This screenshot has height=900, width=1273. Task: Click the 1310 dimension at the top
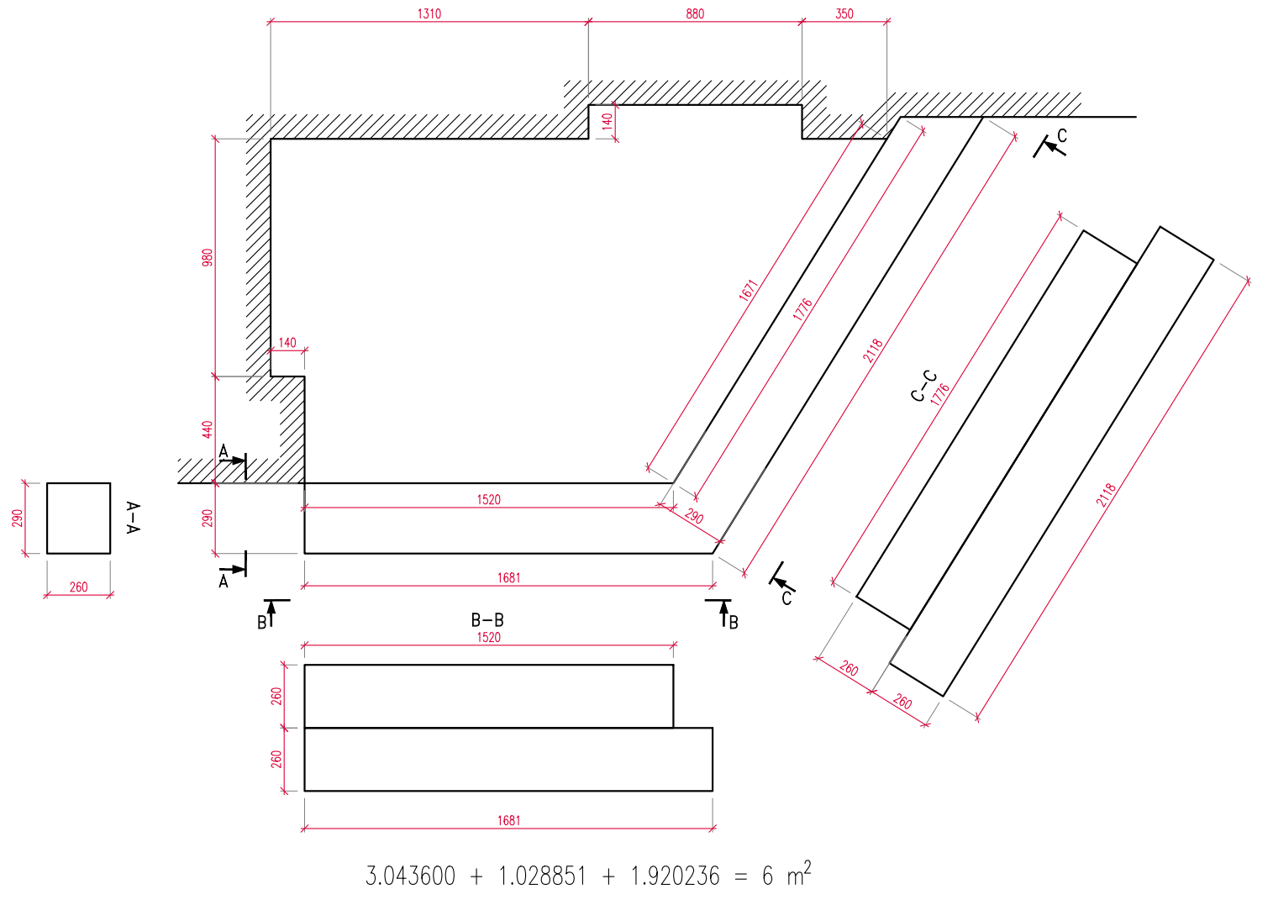click(x=429, y=14)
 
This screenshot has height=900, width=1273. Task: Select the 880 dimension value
click(x=695, y=14)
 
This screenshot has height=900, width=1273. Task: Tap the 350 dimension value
click(x=844, y=14)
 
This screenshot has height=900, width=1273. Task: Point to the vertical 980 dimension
click(x=208, y=257)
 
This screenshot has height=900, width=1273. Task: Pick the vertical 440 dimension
click(x=208, y=429)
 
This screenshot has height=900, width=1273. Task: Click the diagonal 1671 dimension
click(x=749, y=291)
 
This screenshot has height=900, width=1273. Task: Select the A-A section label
click(x=132, y=518)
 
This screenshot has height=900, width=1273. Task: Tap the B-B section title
click(x=487, y=621)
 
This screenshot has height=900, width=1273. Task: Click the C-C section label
click(x=923, y=386)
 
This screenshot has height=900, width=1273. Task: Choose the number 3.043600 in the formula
click(x=410, y=876)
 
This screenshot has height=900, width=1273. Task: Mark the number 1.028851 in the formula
click(x=542, y=876)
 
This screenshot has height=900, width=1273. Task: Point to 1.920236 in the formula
click(x=675, y=876)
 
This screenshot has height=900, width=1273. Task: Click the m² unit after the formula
click(x=798, y=874)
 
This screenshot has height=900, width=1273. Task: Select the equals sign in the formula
click(x=740, y=877)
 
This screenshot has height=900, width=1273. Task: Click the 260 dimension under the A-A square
click(x=78, y=587)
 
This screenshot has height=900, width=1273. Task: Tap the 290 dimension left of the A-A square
click(x=18, y=518)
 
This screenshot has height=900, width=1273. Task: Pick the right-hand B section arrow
click(x=723, y=613)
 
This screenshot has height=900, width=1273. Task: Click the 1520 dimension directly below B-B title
click(x=488, y=638)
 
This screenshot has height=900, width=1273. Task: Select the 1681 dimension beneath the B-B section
click(x=508, y=821)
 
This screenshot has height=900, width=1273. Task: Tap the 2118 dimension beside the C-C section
click(x=1107, y=495)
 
